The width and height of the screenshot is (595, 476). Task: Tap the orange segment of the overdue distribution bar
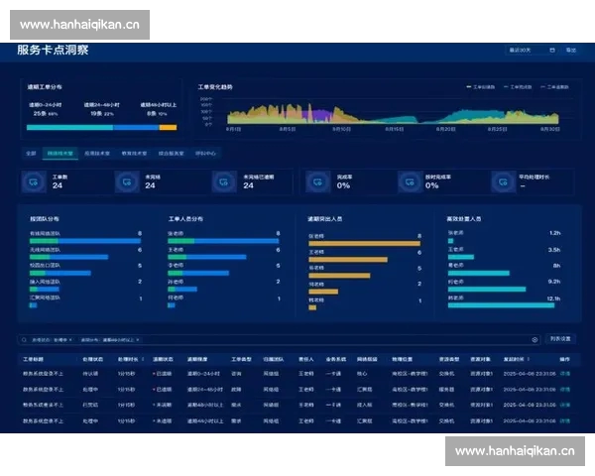click(168, 127)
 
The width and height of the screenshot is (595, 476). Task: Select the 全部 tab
click(31, 154)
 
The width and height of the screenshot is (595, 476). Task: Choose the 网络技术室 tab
click(62, 154)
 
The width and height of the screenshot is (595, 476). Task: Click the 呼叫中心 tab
click(205, 154)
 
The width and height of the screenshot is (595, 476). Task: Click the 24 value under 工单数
click(57, 185)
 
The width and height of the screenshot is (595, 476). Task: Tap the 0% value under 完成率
click(343, 185)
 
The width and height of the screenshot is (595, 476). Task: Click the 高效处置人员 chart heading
click(464, 218)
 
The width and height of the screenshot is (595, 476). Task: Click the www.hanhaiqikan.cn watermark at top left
click(79, 25)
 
